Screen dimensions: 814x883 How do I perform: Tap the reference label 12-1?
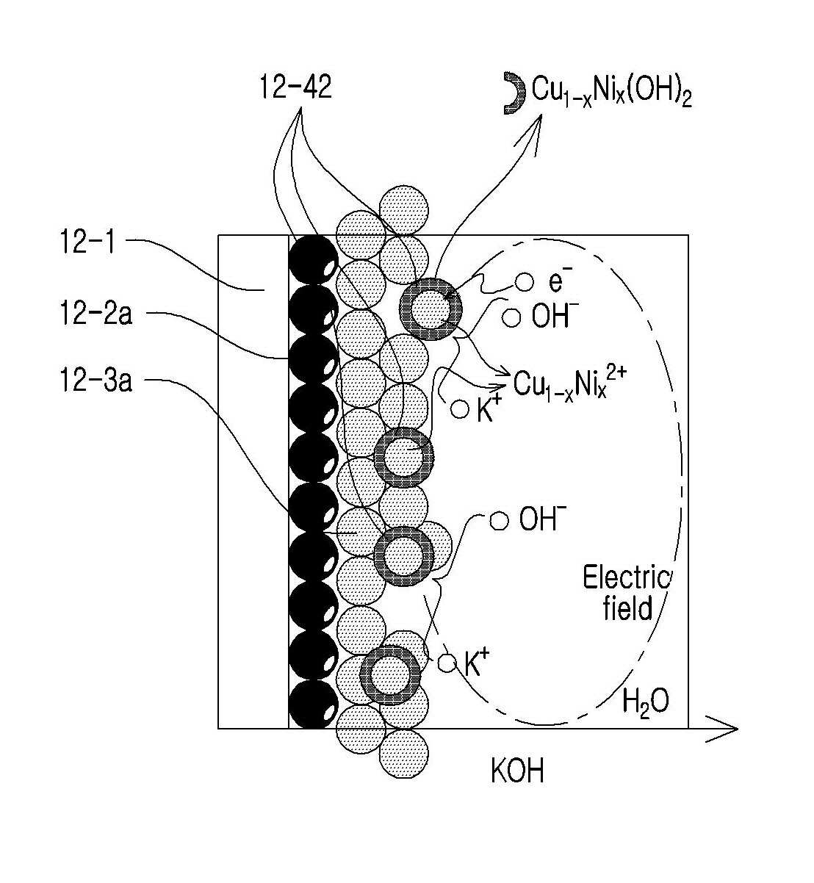click(x=87, y=242)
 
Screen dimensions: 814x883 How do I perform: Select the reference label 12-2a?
click(x=96, y=312)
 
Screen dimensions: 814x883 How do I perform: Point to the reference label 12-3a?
click(x=96, y=380)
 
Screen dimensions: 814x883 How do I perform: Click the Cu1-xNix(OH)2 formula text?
click(x=612, y=92)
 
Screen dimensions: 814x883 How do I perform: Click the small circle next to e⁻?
click(x=525, y=282)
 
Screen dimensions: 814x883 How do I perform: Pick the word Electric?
click(x=626, y=578)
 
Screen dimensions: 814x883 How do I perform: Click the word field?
click(x=627, y=608)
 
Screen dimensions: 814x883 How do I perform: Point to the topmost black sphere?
click(x=313, y=259)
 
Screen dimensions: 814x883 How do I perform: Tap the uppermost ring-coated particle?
click(x=430, y=309)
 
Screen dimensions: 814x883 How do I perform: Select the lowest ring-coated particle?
click(x=390, y=674)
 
